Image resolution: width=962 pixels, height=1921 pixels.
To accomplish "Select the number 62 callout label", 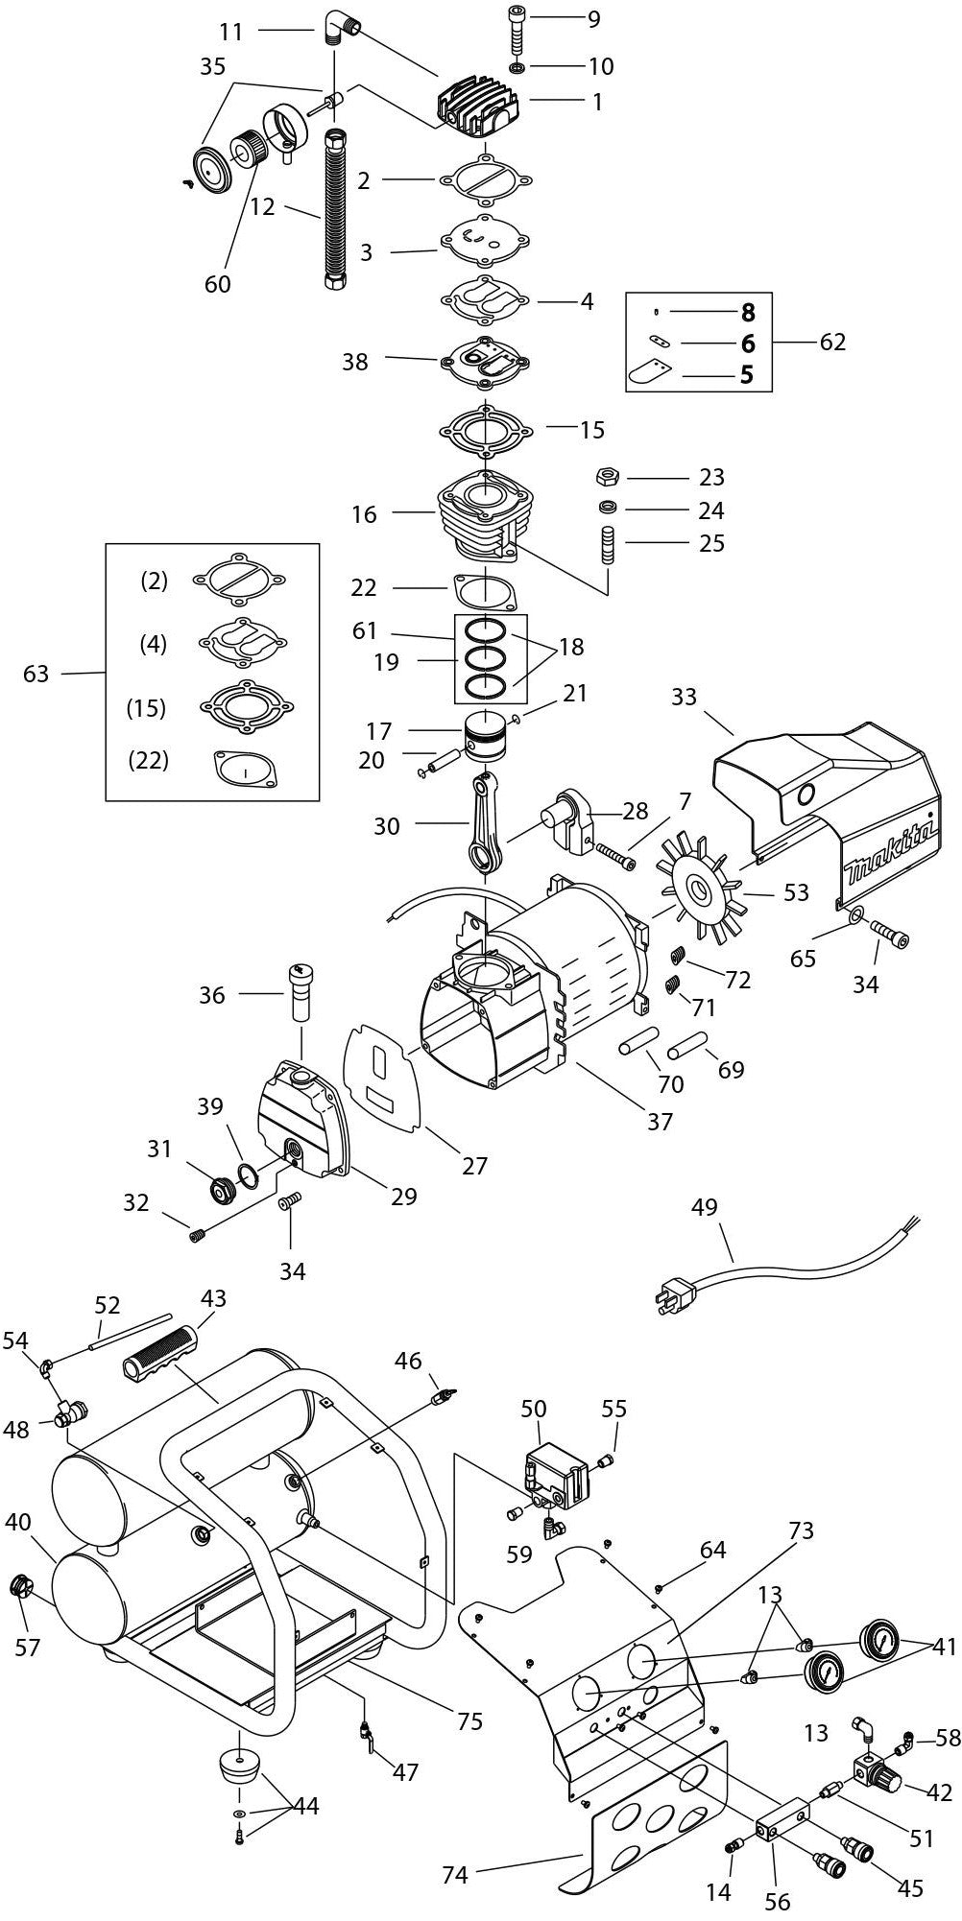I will click(831, 342).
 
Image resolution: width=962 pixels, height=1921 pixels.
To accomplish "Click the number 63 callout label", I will click(36, 675).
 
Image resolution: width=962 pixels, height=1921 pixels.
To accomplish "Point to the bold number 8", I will click(747, 312).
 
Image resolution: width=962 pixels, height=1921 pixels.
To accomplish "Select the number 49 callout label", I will click(704, 1207).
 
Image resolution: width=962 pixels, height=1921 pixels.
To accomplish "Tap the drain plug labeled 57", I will click(20, 1584).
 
